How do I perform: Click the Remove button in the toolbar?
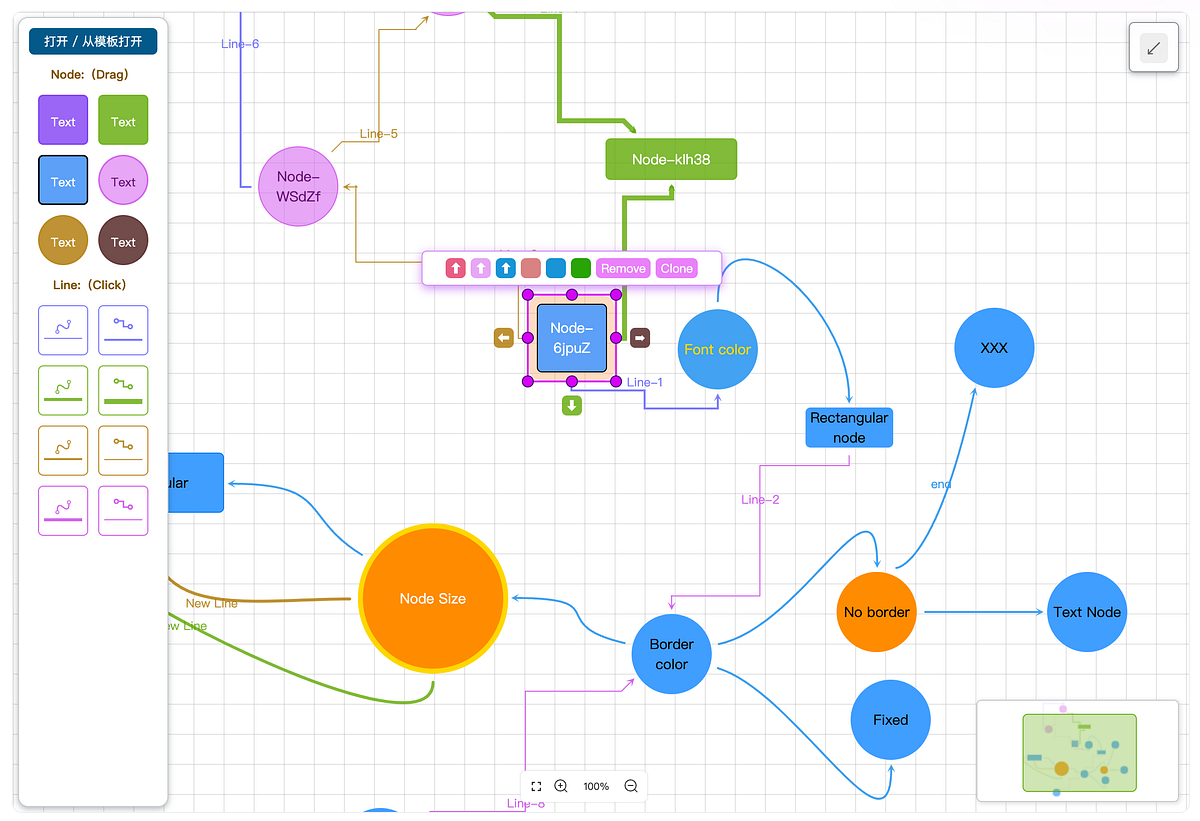click(x=623, y=268)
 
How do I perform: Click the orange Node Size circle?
click(x=432, y=598)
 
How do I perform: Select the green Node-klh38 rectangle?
click(x=671, y=159)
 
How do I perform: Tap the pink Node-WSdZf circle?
click(x=298, y=186)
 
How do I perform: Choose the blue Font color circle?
click(x=717, y=349)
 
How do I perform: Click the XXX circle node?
click(x=994, y=348)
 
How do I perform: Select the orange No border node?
click(x=876, y=612)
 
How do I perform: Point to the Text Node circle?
click(x=1087, y=612)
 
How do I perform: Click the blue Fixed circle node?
click(x=890, y=720)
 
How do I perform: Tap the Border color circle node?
click(x=671, y=654)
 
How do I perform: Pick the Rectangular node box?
click(x=849, y=427)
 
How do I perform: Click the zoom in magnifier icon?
click(x=561, y=787)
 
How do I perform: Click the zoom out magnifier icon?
click(x=631, y=787)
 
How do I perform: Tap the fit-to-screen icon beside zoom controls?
click(x=536, y=787)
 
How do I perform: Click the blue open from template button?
click(x=93, y=41)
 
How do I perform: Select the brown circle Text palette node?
click(x=123, y=242)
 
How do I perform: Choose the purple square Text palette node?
click(x=63, y=121)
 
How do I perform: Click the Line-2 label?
click(x=760, y=499)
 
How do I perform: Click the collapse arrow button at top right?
click(x=1154, y=47)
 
